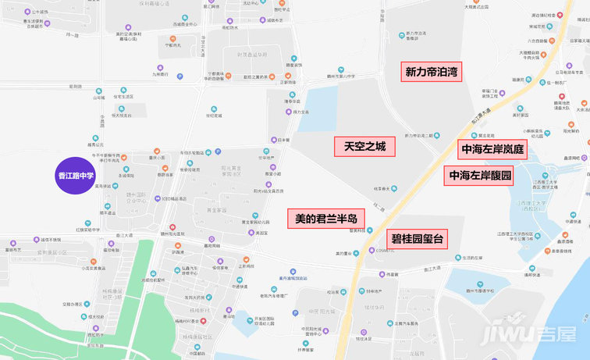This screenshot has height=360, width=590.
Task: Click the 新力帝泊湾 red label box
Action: point(431,73)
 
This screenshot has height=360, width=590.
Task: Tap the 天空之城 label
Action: point(364,146)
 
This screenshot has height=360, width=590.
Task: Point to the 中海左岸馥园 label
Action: point(481,176)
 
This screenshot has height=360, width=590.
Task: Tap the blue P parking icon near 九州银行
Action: point(179,77)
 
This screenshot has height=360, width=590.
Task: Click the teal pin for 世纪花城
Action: point(213,109)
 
